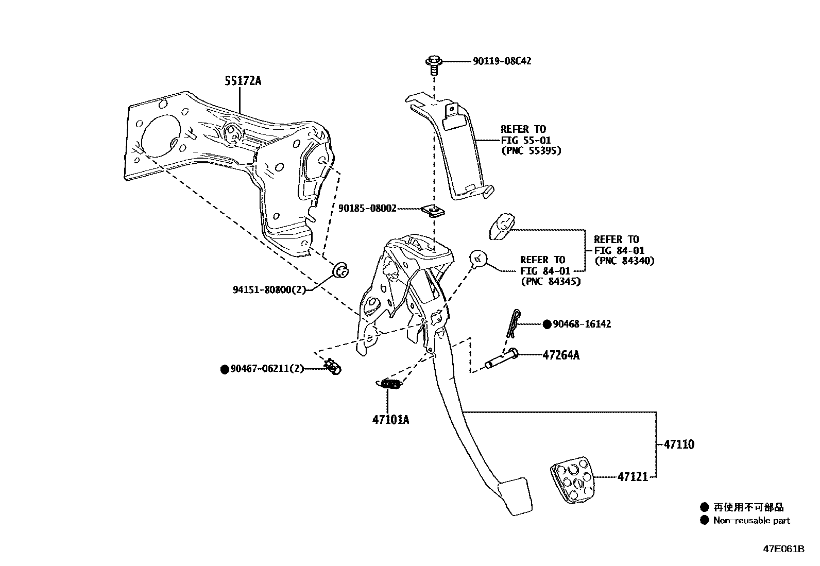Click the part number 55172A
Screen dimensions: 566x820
243,81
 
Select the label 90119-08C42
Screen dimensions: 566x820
502,61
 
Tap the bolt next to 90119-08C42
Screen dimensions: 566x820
433,64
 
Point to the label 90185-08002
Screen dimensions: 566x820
367,209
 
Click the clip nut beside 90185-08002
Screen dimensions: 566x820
432,211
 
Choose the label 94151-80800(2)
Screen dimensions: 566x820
269,289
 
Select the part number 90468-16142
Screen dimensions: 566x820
582,324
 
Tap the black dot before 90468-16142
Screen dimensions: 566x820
546,324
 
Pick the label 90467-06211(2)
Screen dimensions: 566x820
267,369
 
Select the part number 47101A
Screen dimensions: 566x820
390,419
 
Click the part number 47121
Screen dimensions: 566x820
633,477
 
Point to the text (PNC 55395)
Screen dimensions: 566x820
531,151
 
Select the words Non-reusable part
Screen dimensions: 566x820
751,521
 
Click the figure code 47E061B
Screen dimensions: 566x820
783,549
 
